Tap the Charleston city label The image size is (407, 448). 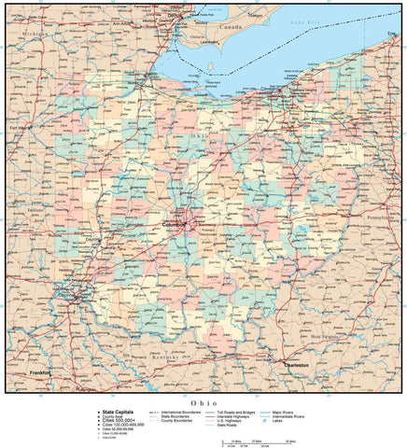click(x=297, y=365)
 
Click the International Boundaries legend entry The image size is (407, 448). click(x=182, y=412)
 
